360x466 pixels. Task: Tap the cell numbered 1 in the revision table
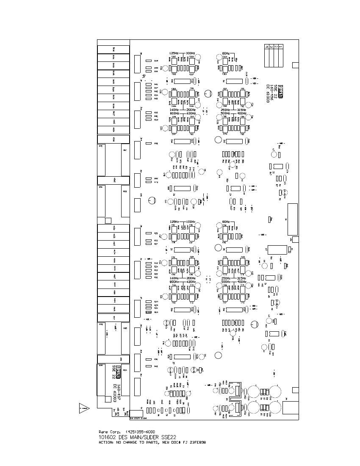281,47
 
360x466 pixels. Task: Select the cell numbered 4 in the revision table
266,47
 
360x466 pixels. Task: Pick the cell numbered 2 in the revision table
276,47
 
